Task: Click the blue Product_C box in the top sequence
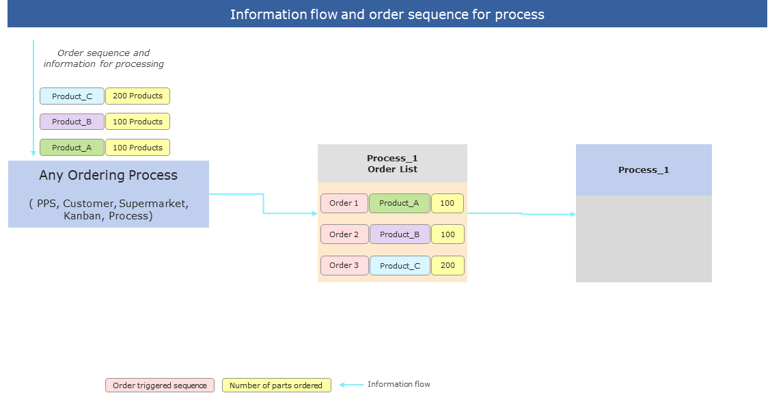coord(72,96)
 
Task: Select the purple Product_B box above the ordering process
coord(72,122)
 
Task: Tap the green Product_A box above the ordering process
coord(72,148)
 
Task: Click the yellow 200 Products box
coord(137,96)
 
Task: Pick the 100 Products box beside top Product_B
coord(137,122)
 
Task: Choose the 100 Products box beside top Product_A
coord(137,148)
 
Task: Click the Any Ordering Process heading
coord(108,176)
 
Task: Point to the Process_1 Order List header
coord(392,163)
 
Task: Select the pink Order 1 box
coord(344,203)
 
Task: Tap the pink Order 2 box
coord(344,234)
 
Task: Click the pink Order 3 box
coord(344,265)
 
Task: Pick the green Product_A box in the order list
coord(400,203)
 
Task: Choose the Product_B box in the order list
coord(400,234)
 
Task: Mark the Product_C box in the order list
coord(400,266)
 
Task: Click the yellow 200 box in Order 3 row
coord(448,266)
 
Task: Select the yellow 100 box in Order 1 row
coord(448,203)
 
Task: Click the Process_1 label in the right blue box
coord(644,170)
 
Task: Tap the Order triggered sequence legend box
coord(160,385)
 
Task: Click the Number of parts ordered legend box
coord(276,385)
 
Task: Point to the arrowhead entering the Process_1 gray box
coord(573,215)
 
